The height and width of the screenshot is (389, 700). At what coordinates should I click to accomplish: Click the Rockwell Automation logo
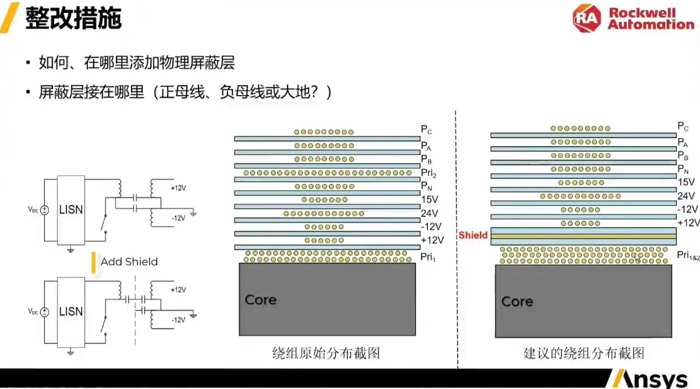point(633,19)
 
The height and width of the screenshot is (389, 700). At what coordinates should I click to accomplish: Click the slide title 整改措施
point(73,19)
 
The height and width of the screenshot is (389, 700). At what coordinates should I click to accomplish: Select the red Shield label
point(473,235)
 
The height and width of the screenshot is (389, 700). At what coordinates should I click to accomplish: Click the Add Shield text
point(129,261)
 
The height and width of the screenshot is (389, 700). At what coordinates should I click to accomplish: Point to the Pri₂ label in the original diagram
point(429,173)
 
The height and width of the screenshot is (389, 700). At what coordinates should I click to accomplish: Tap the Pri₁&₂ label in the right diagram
point(688,255)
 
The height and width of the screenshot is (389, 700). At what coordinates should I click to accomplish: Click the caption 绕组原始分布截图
point(326,353)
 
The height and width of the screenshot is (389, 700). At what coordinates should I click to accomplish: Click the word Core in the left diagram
point(260,300)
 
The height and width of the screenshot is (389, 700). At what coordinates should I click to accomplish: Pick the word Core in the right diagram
point(517,301)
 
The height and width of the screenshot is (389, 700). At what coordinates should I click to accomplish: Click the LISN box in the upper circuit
point(71,210)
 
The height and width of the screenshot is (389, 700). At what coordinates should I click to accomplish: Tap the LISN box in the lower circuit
point(71,312)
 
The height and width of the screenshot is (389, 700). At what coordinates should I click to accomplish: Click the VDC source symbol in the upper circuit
point(45,210)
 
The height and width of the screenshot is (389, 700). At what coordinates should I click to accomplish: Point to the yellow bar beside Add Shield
point(93,261)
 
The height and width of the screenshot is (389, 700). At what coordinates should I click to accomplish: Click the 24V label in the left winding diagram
point(429,213)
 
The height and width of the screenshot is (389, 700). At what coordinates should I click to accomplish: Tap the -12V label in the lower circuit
point(178,320)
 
